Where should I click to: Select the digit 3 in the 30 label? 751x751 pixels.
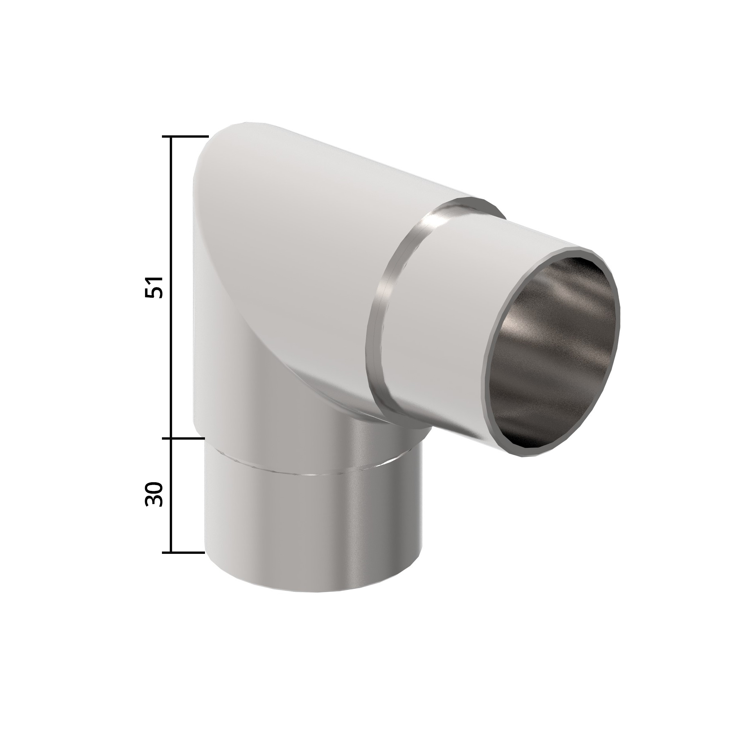pyautogui.click(x=153, y=502)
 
